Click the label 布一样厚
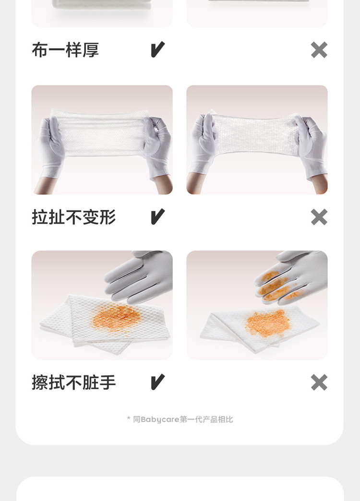tap(65, 50)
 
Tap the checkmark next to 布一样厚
tap(157, 49)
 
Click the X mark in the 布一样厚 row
tap(319, 50)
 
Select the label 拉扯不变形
tap(73, 217)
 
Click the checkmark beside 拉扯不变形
tap(157, 216)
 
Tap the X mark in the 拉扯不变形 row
tap(319, 217)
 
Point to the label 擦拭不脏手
tap(73, 382)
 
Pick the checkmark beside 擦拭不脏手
tap(157, 382)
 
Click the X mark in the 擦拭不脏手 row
tap(319, 382)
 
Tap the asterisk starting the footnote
tap(129, 418)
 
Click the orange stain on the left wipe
tap(116, 317)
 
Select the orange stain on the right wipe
tap(268, 323)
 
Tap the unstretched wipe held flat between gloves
tap(102, 132)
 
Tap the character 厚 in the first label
tap(91, 50)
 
